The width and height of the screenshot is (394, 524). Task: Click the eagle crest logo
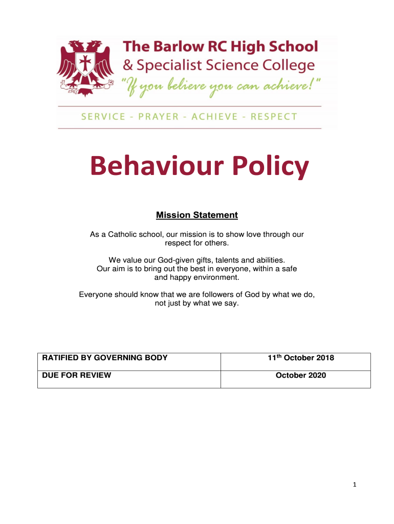pyautogui.click(x=85, y=67)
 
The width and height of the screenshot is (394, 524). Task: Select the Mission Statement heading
pyautogui.click(x=197, y=215)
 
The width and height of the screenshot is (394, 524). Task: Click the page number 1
pyautogui.click(x=354, y=484)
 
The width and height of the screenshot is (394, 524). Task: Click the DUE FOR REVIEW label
pyautogui.click(x=77, y=375)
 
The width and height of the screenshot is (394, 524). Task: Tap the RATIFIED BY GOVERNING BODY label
pyautogui.click(x=105, y=358)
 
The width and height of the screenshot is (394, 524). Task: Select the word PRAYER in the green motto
pyautogui.click(x=158, y=117)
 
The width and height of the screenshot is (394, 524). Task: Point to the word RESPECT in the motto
pyautogui.click(x=274, y=117)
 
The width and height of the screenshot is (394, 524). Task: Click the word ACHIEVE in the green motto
pyautogui.click(x=214, y=117)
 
